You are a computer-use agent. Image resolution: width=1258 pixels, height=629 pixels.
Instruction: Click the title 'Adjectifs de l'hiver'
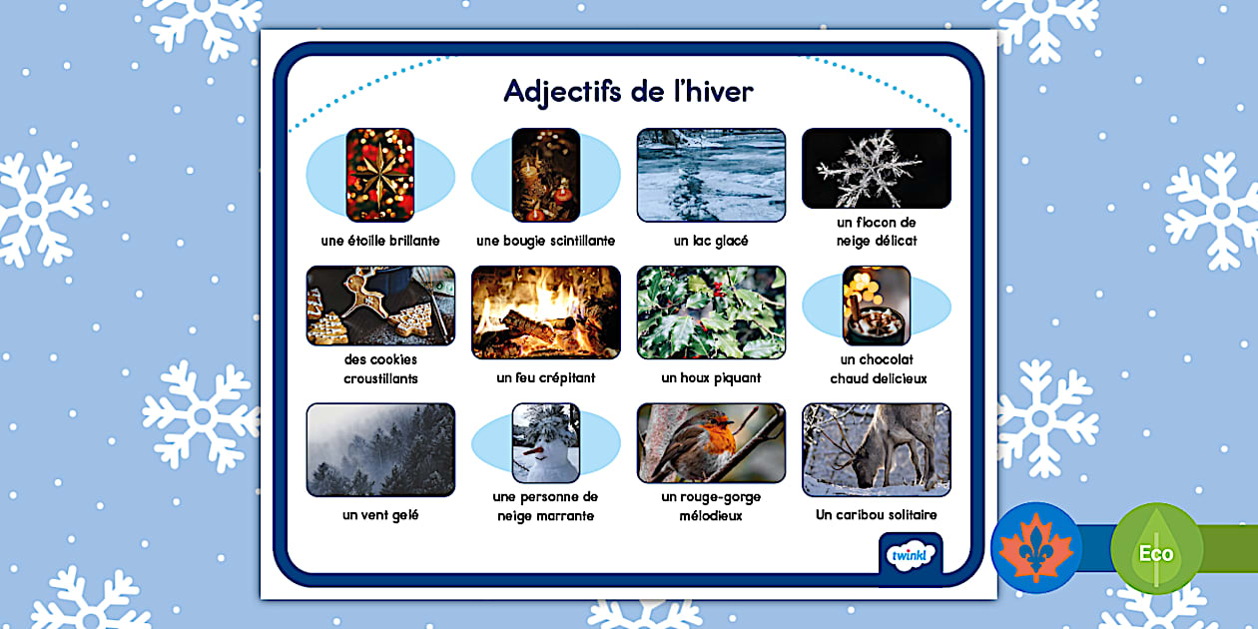coord(628,91)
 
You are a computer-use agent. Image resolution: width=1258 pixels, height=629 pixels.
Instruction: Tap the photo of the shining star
coord(379,175)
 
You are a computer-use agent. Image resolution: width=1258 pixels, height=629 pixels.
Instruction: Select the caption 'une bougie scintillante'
coord(545,241)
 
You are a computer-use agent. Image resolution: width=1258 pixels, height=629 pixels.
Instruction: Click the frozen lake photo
coord(711,175)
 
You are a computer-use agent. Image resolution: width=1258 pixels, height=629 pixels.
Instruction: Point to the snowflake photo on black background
coord(876,168)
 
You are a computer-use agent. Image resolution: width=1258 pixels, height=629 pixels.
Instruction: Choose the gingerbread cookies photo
coord(380,306)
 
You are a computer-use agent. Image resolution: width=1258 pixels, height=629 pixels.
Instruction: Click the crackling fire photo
coord(545,312)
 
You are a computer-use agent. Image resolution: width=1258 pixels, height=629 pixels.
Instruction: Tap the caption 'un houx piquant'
coord(711,378)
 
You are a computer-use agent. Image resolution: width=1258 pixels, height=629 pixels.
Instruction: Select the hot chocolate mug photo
coord(876,306)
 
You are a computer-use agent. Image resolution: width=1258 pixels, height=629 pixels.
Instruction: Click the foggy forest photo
coord(380,449)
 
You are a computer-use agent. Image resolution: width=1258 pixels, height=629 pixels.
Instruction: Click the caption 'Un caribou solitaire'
coord(876,515)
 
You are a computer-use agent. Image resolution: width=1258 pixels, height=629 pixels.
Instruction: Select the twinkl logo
coord(910,553)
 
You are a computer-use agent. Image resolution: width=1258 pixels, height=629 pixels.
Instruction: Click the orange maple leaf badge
coord(1035,548)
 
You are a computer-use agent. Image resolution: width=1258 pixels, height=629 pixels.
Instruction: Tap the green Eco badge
coord(1156,550)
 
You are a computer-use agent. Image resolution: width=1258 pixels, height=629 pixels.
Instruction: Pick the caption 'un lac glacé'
coord(711,241)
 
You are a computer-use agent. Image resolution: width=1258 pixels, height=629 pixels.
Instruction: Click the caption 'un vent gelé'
coord(380,515)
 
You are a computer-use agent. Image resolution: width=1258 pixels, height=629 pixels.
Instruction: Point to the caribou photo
coord(876,449)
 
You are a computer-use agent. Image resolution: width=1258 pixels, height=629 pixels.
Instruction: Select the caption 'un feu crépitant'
coord(545,378)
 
